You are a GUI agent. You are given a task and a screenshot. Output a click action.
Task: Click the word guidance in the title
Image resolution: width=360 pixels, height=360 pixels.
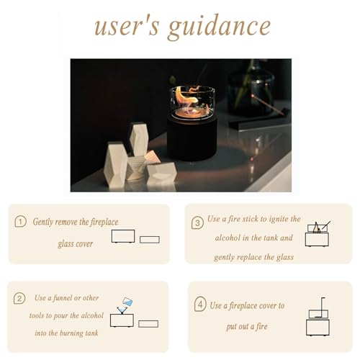220,27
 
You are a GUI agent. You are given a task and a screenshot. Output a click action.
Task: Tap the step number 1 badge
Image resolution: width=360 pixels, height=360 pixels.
20,221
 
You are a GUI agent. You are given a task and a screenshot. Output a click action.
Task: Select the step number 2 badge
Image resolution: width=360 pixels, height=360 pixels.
19,298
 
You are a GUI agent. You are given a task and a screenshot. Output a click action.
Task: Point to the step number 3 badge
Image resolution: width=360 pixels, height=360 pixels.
197,222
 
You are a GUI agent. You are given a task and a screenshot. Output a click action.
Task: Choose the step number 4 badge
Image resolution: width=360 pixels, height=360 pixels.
200,304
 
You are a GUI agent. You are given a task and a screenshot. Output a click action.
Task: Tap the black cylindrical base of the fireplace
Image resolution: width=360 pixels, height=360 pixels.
192,138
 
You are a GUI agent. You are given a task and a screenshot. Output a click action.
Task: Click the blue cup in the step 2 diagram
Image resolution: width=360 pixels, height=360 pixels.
127,302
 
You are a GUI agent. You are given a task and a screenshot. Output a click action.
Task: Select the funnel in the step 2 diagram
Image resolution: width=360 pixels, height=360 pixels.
122,310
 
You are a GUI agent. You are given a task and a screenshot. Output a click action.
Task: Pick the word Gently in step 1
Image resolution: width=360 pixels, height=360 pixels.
43,222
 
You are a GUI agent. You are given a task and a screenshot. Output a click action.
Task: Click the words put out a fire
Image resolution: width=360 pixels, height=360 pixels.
247,327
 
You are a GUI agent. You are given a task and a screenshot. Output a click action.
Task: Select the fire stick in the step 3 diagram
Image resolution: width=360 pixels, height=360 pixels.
326,225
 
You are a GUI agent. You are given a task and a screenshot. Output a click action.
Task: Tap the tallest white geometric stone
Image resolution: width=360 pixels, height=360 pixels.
139,139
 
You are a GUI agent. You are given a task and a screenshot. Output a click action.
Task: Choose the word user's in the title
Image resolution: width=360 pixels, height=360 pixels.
127,27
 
